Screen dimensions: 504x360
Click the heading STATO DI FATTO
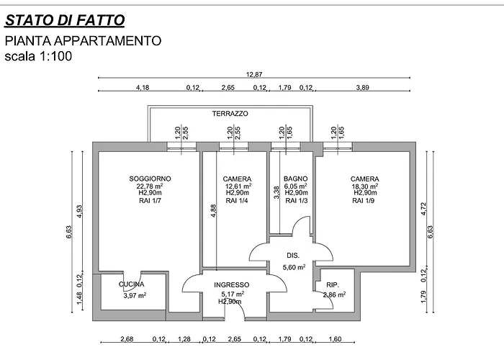(65, 20)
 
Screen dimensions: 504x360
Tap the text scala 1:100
(38, 56)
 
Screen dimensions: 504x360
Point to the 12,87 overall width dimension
(254, 75)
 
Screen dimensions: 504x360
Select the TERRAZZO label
(230, 114)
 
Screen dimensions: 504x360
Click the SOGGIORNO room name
(150, 179)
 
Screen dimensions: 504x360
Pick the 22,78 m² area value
(150, 186)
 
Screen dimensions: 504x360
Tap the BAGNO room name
(296, 179)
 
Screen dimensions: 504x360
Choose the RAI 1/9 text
(363, 201)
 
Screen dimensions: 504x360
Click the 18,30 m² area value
(365, 186)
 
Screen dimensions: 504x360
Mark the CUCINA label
(132, 284)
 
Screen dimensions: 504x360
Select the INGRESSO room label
(231, 285)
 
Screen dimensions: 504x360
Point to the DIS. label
(293, 256)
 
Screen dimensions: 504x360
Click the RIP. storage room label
(333, 285)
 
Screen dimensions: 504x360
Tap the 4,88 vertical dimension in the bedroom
(214, 211)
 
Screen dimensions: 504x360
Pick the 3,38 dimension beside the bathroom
(276, 192)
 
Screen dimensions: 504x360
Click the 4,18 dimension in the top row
(143, 87)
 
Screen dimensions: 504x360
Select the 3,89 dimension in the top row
(363, 87)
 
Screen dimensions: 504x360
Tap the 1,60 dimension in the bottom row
(336, 339)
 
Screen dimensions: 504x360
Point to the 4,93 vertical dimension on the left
(80, 211)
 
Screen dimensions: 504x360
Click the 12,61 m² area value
(238, 186)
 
